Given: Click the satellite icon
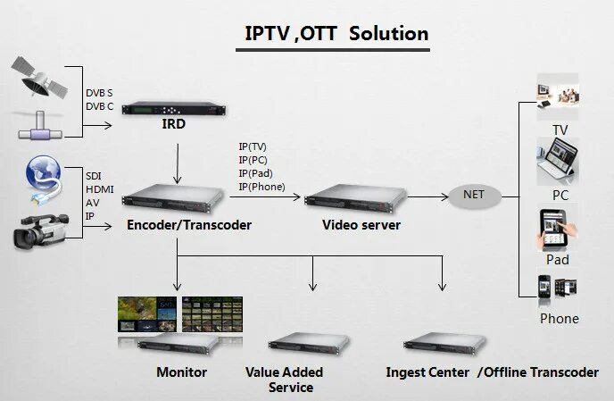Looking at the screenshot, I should click(x=37, y=77).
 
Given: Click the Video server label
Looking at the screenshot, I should click(x=361, y=225).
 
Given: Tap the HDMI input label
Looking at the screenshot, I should click(x=99, y=189).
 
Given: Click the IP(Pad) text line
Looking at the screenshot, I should click(x=256, y=173).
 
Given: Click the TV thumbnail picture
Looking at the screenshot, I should click(x=559, y=97).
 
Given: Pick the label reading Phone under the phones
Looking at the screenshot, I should click(x=559, y=319).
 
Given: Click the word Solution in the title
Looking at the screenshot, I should click(x=389, y=33).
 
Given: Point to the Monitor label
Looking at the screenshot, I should click(x=181, y=372).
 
